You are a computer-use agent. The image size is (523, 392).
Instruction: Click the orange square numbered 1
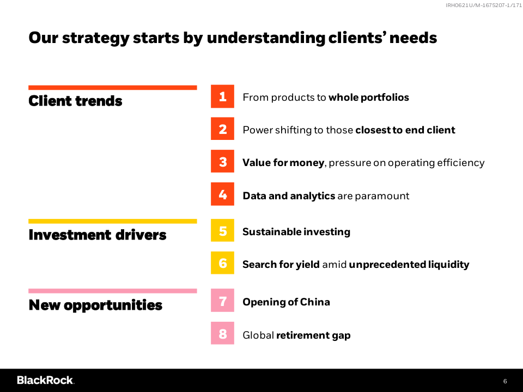222,96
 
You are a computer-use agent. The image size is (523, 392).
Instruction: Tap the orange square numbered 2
222,128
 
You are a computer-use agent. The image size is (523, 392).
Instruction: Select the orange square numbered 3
222,161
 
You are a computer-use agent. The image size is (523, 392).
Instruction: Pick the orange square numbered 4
222,194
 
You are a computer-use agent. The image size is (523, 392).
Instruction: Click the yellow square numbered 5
222,230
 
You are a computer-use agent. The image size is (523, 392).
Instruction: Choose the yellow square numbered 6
222,263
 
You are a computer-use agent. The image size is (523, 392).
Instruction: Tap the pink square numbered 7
222,301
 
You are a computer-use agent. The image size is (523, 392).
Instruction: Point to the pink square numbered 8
222,333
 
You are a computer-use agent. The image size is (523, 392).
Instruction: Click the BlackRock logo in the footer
46,381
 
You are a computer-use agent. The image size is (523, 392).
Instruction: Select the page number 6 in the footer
505,381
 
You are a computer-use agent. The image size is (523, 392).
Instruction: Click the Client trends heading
75,101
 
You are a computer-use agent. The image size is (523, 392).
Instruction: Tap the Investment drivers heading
98,235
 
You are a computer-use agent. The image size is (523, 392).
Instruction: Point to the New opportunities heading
95,305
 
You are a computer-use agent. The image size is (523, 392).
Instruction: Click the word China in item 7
315,302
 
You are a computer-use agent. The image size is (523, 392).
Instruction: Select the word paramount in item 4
382,196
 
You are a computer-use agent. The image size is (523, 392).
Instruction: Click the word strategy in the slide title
96,38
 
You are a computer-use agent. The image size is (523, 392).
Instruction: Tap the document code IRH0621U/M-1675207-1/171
484,5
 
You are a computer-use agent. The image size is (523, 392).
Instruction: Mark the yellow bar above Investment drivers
113,222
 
